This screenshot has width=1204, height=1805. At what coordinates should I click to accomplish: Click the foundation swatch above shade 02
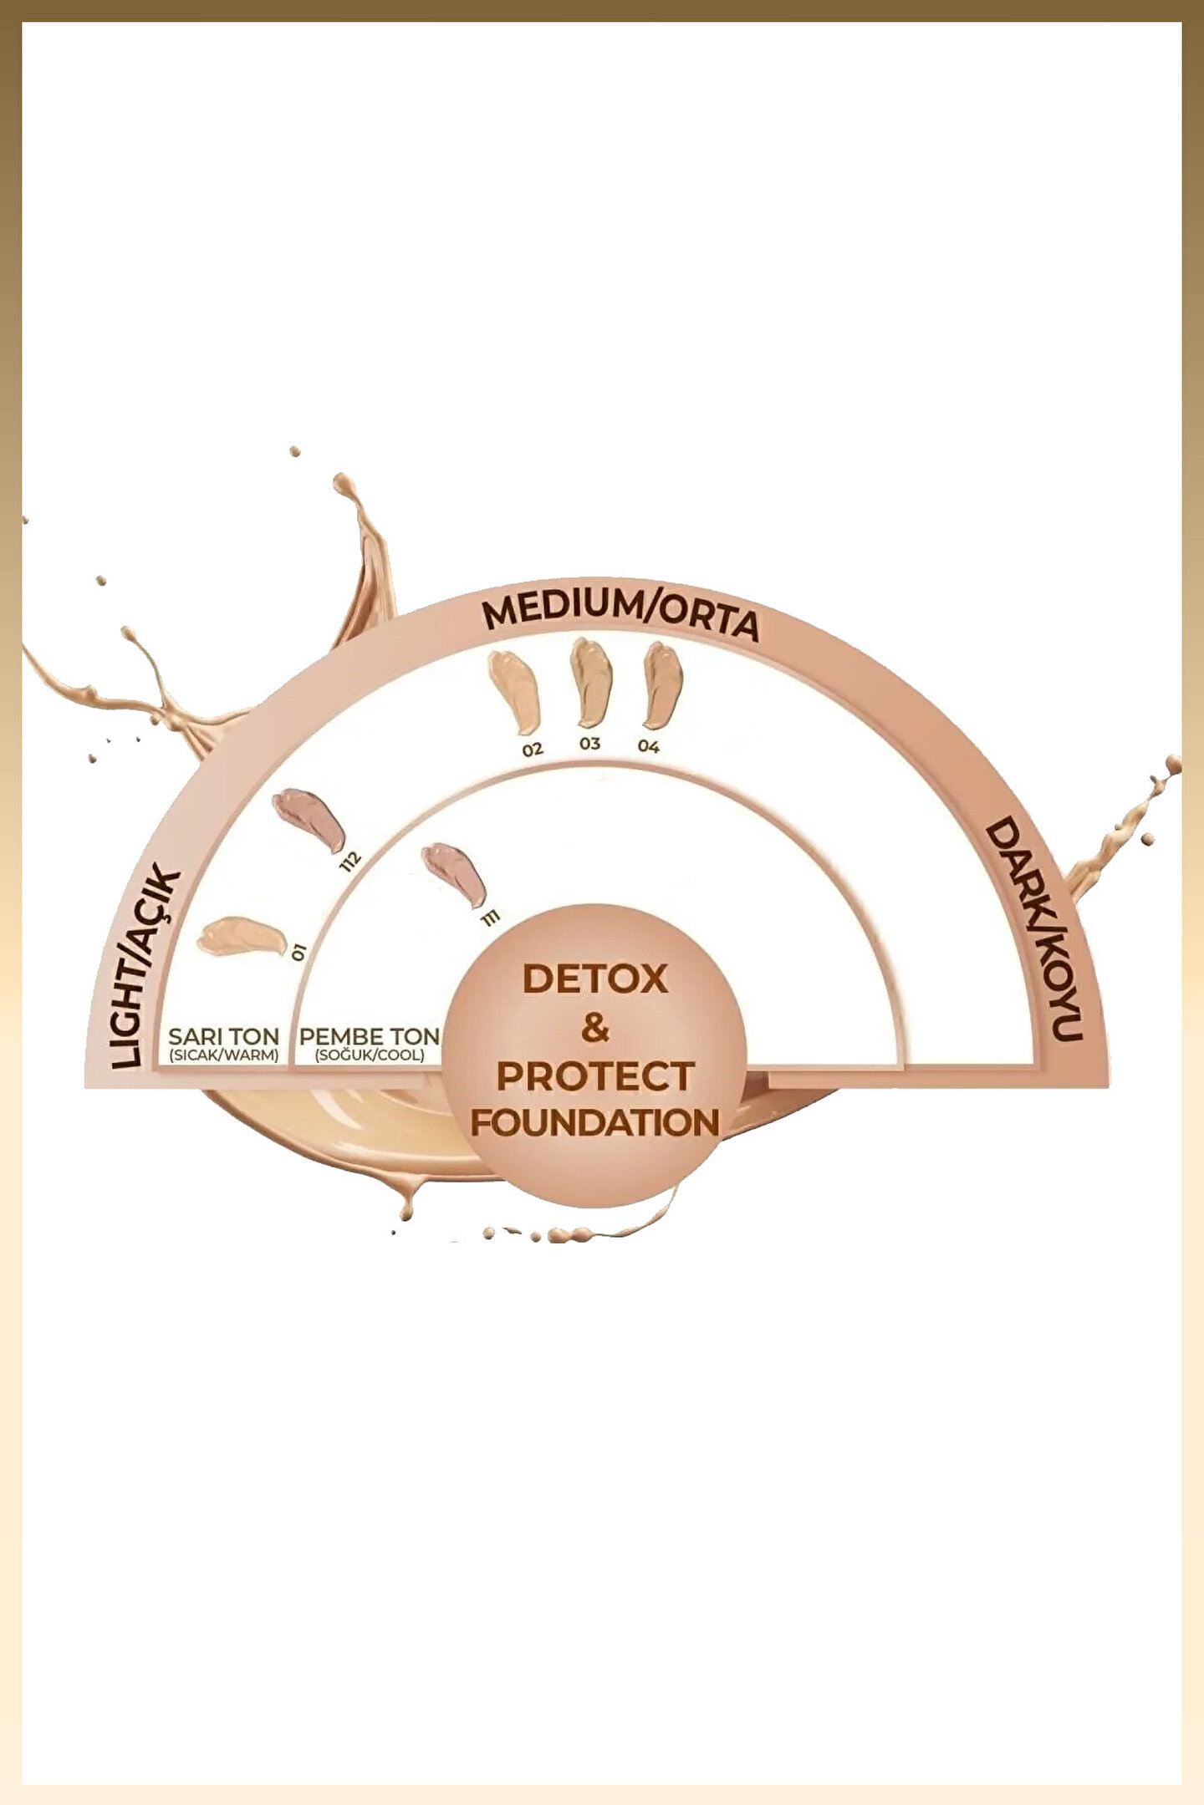514,692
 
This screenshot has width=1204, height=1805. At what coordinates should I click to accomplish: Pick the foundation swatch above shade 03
591,681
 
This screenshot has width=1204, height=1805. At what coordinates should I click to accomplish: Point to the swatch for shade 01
241,934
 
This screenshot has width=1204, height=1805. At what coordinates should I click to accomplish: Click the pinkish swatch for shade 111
455,872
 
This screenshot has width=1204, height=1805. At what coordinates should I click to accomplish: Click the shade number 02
533,750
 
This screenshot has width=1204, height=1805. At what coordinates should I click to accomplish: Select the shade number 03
589,744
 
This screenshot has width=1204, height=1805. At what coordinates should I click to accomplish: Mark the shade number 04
649,746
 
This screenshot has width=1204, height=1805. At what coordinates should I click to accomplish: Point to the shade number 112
350,861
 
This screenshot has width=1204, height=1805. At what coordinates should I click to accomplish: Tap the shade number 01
298,951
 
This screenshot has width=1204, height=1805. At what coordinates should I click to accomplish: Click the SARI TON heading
223,1036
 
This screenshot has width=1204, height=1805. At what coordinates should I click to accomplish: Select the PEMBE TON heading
369,1036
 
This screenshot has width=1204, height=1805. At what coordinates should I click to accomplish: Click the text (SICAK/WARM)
223,1055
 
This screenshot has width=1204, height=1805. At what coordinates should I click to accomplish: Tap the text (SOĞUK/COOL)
369,1055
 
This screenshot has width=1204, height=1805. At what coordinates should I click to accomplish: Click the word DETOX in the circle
594,979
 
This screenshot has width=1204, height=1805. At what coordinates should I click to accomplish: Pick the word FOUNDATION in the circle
594,1122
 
